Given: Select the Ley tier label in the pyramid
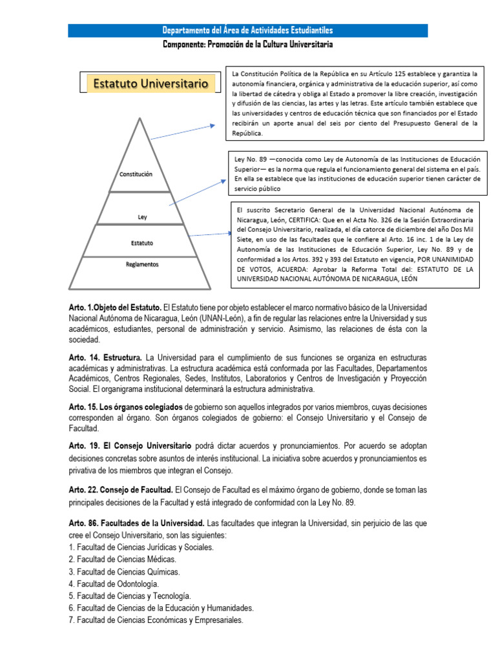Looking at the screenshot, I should (x=143, y=217).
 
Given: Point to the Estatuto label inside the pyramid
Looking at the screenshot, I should (x=142, y=243).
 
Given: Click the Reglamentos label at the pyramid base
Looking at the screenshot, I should (x=142, y=264).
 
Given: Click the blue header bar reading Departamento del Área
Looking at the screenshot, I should (x=248, y=30).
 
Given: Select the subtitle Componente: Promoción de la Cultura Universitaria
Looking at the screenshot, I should (x=248, y=45).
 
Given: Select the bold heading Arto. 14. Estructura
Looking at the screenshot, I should (x=105, y=357).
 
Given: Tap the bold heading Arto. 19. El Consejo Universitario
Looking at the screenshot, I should (x=130, y=446).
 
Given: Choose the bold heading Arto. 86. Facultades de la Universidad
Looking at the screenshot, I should (x=136, y=522).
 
